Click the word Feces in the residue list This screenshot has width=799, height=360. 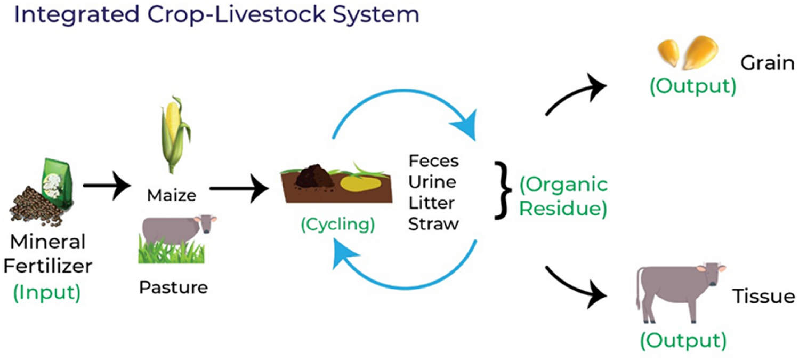point(433,161)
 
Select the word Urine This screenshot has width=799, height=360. point(432,182)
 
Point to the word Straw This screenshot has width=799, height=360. point(433,224)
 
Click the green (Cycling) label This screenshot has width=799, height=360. point(337,225)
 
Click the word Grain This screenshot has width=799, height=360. point(767,63)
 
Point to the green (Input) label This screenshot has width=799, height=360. point(47,292)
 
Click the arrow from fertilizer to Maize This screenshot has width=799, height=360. point(107,187)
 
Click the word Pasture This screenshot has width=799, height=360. point(173,287)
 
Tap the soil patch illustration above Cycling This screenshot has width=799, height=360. point(332,184)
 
